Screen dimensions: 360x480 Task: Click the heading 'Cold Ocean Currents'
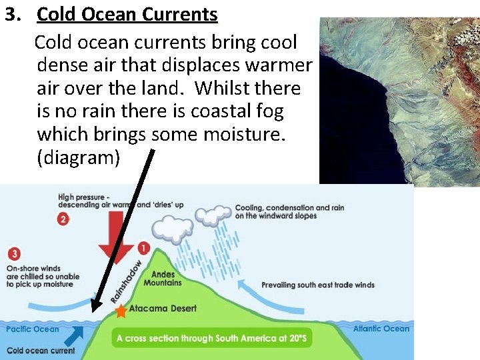coord(127,15)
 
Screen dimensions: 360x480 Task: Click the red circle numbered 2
coord(63,219)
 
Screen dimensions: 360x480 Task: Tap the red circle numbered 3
coord(15,254)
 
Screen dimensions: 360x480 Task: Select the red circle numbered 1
coord(144,248)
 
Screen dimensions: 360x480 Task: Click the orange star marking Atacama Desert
coord(121,311)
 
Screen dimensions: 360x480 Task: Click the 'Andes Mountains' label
coord(166,278)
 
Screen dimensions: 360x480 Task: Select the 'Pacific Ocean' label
coord(32,329)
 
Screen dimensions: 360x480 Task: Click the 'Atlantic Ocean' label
coord(381,329)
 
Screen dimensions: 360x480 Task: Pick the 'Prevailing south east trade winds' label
coord(317,285)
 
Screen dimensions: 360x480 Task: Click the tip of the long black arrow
coord(93,310)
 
